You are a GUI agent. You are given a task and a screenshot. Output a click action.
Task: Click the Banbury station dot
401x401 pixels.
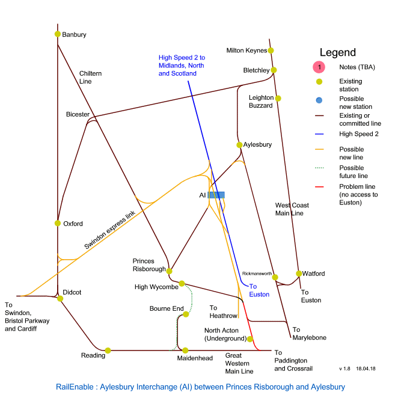57,34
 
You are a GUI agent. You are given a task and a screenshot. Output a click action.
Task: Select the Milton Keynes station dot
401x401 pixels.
271,51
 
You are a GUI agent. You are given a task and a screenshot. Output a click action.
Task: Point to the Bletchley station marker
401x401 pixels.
274,70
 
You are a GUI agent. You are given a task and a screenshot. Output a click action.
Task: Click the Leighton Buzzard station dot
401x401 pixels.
278,98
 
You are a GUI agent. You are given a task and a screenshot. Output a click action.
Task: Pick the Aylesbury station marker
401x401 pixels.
239,145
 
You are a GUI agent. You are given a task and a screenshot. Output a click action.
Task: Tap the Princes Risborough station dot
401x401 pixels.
170,271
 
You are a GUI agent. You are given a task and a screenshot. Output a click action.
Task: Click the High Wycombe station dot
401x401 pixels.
182,283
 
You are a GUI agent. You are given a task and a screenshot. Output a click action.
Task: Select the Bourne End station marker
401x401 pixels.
186,314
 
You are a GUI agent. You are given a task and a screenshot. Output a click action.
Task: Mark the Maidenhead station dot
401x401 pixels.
186,350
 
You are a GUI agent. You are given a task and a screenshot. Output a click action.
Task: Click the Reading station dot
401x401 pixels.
108,350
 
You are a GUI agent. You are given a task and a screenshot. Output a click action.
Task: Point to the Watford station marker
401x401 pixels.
299,274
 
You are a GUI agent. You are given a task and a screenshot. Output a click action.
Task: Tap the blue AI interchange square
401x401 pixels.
217,195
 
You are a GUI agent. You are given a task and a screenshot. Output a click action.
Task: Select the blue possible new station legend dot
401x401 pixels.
320,100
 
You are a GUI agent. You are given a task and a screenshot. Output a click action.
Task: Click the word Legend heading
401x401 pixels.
338,53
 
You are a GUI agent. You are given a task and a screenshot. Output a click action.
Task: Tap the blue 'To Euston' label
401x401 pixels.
259,291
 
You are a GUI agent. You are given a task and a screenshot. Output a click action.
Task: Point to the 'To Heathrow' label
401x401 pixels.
224,311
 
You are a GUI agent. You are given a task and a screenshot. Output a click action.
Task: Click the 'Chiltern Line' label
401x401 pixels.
91,77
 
